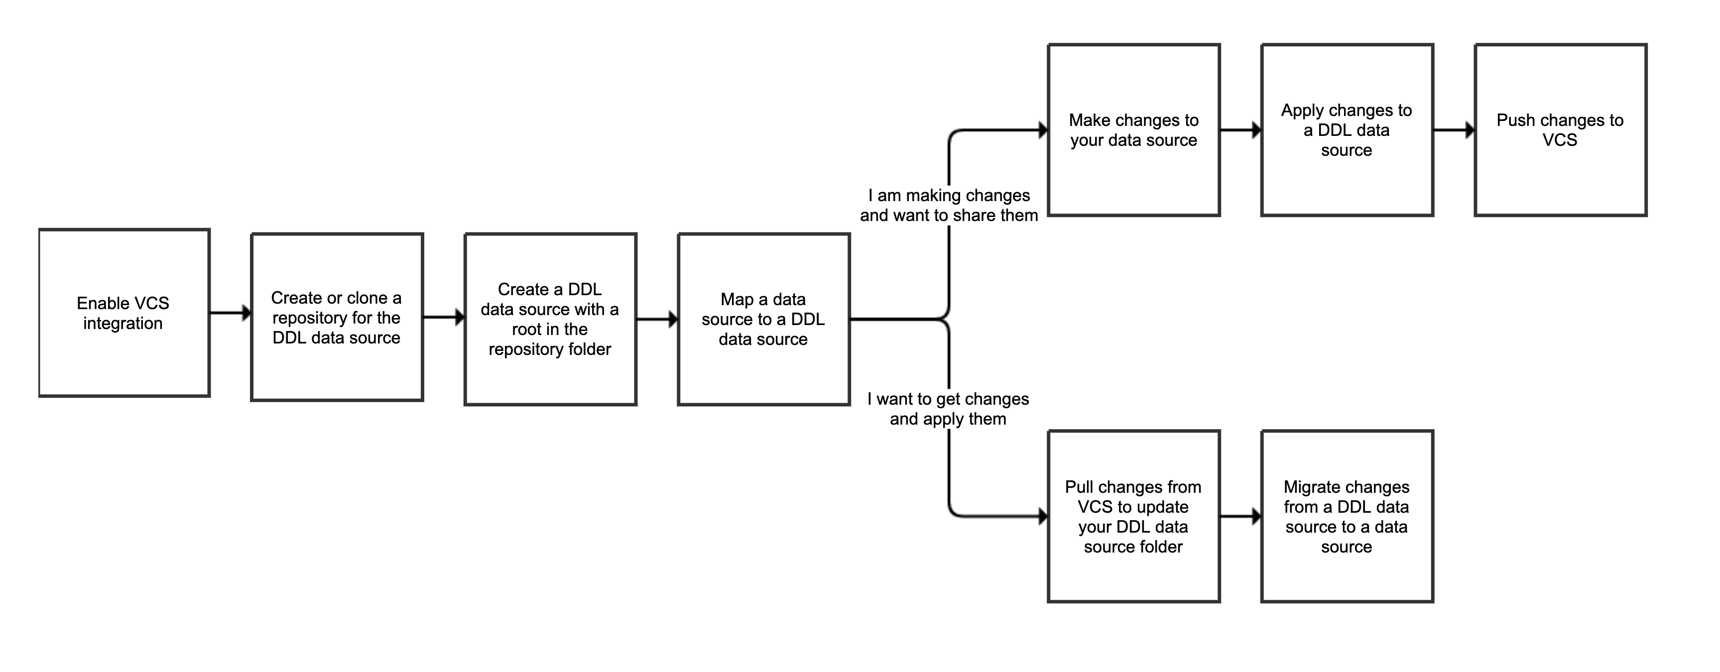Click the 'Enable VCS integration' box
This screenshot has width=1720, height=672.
pos(124,313)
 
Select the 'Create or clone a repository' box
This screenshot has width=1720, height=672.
pos(337,317)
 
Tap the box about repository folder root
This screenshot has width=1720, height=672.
pos(550,319)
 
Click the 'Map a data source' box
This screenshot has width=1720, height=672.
pos(763,319)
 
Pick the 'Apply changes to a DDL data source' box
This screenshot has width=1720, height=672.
pos(1347,130)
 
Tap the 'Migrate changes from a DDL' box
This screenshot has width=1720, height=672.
pos(1347,517)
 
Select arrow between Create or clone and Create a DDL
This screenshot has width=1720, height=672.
pos(443,318)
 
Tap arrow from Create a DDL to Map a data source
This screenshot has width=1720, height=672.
pos(657,320)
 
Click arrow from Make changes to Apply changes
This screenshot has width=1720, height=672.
pos(1240,130)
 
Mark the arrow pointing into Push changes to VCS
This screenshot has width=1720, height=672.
pos(1454,130)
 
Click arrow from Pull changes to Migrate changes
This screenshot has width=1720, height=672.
pos(1240,517)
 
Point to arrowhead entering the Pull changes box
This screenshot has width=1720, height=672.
pos(1042,517)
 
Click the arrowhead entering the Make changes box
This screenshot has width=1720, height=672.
pos(1042,130)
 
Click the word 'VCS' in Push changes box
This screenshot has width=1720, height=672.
pos(1560,140)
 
